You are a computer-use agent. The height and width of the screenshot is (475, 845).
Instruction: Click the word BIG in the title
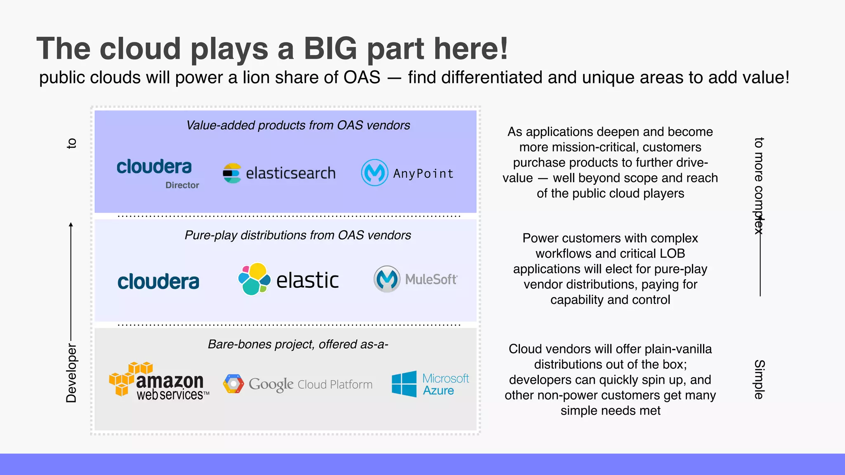coord(330,49)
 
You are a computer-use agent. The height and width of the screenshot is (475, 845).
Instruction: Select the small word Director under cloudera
coord(182,185)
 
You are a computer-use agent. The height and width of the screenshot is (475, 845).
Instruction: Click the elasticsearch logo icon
coord(232,173)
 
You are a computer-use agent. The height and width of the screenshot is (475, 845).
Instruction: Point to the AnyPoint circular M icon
coord(375,173)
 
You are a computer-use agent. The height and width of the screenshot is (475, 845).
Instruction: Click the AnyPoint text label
coord(423,174)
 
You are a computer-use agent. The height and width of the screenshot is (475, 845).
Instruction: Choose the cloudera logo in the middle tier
coord(158,282)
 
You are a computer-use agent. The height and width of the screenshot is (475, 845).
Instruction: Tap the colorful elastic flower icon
coord(254,279)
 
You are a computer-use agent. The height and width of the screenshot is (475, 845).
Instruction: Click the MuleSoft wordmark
coord(431,280)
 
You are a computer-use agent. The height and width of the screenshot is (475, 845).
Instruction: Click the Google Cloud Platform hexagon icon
coord(234,384)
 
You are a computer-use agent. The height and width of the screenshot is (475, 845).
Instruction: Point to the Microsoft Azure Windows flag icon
coord(404,384)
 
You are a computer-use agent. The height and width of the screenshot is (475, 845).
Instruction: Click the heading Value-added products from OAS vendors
coord(298,125)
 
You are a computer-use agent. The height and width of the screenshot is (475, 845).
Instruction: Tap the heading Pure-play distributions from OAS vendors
coord(298,235)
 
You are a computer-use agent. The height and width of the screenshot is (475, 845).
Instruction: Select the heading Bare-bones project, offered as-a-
coord(298,344)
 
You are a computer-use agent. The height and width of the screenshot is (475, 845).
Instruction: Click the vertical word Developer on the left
coord(71,373)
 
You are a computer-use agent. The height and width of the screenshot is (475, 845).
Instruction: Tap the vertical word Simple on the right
coord(759,379)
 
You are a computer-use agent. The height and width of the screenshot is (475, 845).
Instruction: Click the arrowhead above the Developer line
coord(71,225)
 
